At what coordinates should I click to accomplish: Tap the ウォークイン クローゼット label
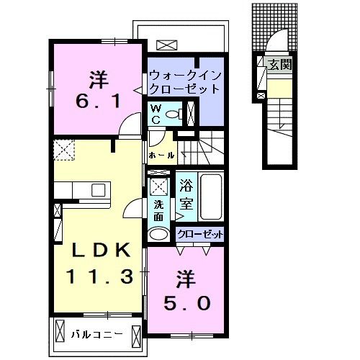182,82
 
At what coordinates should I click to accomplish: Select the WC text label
155,114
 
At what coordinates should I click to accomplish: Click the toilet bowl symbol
173,114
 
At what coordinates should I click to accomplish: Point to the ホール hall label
161,155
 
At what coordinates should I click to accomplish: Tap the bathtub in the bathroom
211,198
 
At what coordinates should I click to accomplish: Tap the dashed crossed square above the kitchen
62,152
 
